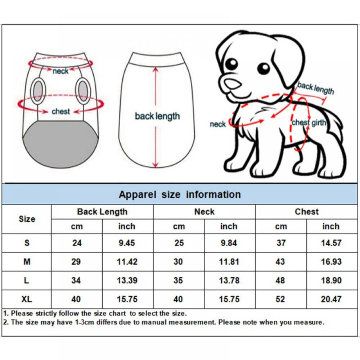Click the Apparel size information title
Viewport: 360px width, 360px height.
[x=180, y=194]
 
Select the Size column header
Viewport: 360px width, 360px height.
[x=27, y=219]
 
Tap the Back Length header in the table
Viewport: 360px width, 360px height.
[x=102, y=212]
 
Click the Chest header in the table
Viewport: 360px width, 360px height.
[x=307, y=212]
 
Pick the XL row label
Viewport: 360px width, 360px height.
[x=27, y=299]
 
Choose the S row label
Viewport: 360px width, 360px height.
[x=27, y=243]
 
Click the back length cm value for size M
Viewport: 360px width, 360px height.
[x=76, y=262]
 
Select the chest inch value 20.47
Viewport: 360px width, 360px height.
[x=331, y=299]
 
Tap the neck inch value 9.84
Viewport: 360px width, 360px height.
[x=229, y=243]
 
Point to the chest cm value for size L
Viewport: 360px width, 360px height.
[x=280, y=280]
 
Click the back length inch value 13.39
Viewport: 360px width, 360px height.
[x=127, y=280]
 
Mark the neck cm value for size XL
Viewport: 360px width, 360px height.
[x=178, y=299]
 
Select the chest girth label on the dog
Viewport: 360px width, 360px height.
[x=309, y=123]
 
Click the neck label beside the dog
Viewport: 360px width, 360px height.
[x=217, y=124]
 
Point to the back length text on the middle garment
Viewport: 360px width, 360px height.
[x=157, y=116]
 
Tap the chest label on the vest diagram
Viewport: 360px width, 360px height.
[x=60, y=112]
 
